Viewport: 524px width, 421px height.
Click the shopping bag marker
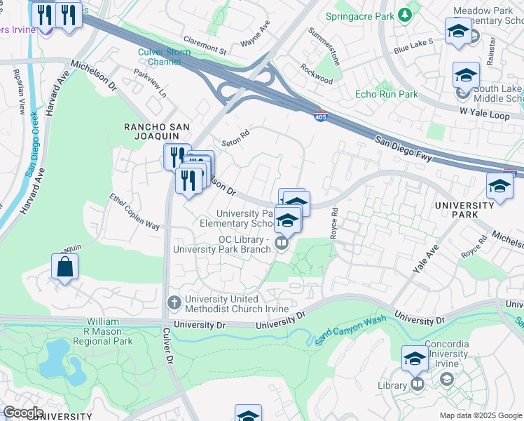(x=64, y=267)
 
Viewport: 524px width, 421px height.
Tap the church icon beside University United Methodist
(x=174, y=302)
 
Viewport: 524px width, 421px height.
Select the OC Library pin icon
(x=281, y=243)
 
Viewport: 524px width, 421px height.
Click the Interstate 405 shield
(x=319, y=115)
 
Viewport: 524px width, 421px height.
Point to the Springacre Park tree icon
(x=404, y=15)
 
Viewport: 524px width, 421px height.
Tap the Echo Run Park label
(x=386, y=94)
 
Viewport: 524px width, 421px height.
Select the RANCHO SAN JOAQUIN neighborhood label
(x=157, y=126)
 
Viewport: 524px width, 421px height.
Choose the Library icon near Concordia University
(x=418, y=385)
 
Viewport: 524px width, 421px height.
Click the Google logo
(x=22, y=413)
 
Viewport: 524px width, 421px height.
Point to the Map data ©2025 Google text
(x=481, y=415)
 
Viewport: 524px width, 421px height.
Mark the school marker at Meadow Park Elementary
(x=458, y=32)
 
